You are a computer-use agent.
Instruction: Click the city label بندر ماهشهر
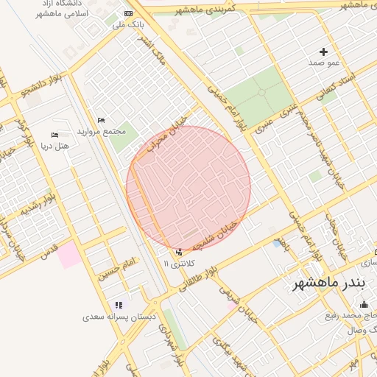pos(328,284)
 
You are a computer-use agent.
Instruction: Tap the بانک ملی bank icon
pos(130,13)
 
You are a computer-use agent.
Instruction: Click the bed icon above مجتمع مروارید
pos(101,120)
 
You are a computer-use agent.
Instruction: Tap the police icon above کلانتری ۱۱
pos(178,252)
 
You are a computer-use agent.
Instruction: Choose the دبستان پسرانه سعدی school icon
pos(117,305)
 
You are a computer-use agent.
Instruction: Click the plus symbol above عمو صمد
pos(323,52)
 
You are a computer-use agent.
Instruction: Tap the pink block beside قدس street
pos(68,256)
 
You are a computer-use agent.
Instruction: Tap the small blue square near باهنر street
pos(277,243)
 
